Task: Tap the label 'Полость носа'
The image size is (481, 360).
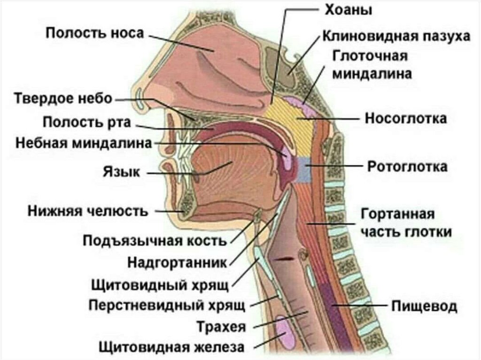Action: pyautogui.click(x=95, y=34)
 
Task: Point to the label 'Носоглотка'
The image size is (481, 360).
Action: pyautogui.click(x=406, y=118)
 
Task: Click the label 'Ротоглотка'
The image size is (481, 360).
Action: pyautogui.click(x=407, y=166)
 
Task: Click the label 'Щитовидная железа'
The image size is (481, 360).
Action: pyautogui.click(x=171, y=347)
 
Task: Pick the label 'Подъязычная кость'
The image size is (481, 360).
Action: pyautogui.click(x=155, y=241)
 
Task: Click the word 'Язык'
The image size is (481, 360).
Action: pyautogui.click(x=121, y=172)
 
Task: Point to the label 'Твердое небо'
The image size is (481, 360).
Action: pyautogui.click(x=63, y=99)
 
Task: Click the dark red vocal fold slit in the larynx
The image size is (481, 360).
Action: pyautogui.click(x=285, y=259)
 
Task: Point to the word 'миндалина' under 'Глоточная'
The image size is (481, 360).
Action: pyautogui.click(x=372, y=73)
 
